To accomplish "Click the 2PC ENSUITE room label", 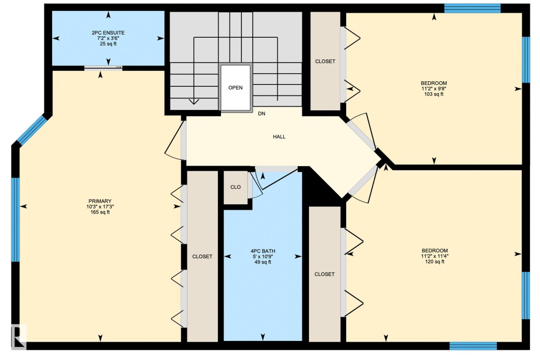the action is [108, 33].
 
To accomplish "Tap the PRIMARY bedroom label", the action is [100, 201].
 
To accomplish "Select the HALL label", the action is [279, 137].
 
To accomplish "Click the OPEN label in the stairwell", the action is [235, 88].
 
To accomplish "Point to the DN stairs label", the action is [262, 114].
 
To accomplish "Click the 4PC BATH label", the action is [263, 251].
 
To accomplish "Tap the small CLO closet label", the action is [235, 187].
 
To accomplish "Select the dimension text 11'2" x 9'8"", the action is [434, 89].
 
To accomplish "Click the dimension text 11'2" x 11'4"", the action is [435, 256].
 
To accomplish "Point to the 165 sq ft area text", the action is [100, 212].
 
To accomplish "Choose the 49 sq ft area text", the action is [263, 262].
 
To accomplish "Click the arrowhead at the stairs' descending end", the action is [194, 102].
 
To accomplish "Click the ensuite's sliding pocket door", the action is [103, 67].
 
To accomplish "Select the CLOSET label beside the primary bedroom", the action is [202, 256].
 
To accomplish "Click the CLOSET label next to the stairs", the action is [325, 61].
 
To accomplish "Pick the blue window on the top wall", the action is [472, 8].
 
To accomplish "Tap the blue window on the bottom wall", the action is [473, 346].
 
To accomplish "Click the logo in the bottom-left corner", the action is [19, 337].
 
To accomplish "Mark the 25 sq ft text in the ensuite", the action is [108, 44].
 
